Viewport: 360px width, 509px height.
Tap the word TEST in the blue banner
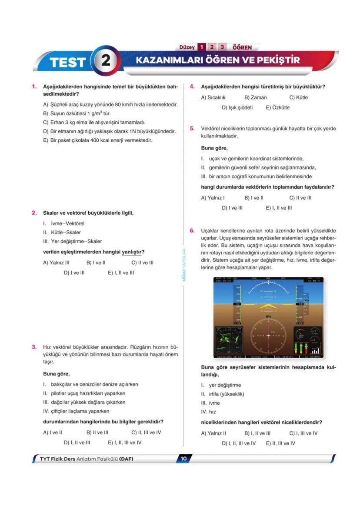tap(67, 62)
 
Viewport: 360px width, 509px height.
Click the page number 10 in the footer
tap(183, 458)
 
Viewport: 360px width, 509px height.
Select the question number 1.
tap(34, 86)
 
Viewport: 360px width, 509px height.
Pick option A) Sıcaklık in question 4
tap(213, 97)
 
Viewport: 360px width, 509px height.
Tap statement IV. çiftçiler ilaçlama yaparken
tap(76, 411)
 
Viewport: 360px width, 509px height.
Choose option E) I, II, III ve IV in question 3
tap(124, 442)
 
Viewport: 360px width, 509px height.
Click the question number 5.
tap(192, 129)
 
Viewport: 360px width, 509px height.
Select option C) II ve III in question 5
tap(300, 198)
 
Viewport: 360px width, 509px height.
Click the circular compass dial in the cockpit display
tap(268, 336)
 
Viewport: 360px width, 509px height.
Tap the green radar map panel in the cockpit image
tap(230, 339)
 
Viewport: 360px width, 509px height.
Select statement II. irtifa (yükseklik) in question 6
tap(223, 394)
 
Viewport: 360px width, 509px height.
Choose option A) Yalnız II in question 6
tap(213, 433)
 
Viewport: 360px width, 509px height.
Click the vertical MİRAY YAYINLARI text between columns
tap(184, 265)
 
